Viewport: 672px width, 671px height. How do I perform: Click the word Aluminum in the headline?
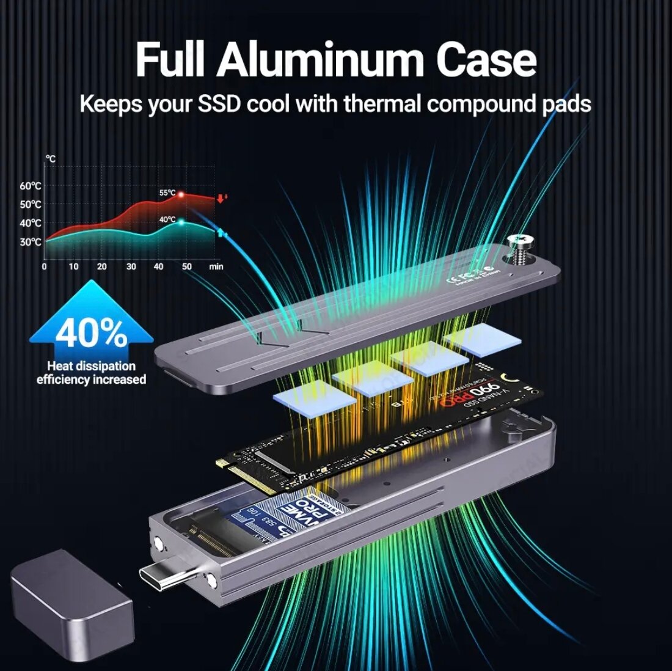click(321, 60)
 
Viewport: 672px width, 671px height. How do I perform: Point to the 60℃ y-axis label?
click(31, 186)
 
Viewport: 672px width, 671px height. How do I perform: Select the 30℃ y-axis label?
click(31, 242)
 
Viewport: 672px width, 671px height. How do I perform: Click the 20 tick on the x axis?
click(101, 266)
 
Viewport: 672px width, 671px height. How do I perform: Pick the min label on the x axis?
click(216, 266)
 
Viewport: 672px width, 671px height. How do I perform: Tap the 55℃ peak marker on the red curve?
click(181, 194)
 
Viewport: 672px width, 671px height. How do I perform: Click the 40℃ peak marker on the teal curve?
click(181, 222)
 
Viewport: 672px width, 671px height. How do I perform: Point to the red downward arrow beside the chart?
click(221, 198)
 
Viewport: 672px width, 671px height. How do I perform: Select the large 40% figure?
click(91, 333)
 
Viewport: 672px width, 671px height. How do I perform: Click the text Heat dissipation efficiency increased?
click(92, 373)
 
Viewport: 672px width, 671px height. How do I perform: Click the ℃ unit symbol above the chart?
click(50, 159)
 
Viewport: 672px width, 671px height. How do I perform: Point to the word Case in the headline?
click(486, 60)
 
